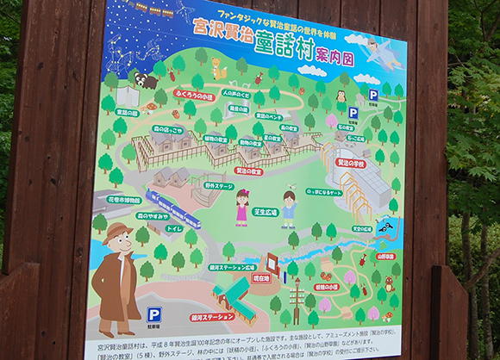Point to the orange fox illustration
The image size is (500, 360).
[220, 67]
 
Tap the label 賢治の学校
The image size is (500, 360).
[350, 163]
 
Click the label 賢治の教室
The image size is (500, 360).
[225, 171]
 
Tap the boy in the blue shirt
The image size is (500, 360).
[289, 209]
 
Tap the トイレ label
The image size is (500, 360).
[175, 229]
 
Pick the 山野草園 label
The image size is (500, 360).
[384, 256]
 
